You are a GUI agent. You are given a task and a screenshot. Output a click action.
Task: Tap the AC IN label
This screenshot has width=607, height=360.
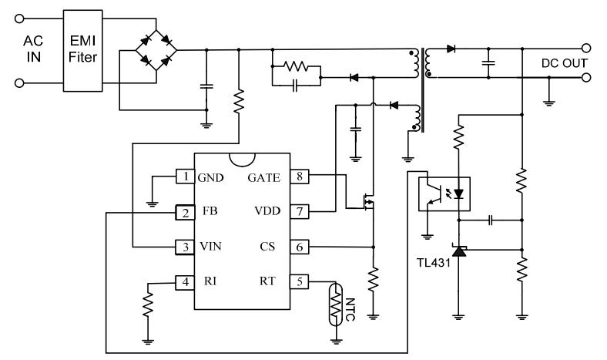(x=33, y=51)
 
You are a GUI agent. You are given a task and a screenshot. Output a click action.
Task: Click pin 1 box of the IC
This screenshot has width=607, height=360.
(x=185, y=177)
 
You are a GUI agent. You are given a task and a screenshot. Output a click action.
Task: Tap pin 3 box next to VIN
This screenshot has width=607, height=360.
(x=185, y=247)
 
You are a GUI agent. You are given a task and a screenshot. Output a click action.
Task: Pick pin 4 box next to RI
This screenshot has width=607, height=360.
(x=185, y=281)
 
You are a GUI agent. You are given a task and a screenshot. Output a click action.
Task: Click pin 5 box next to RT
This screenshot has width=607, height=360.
(x=299, y=281)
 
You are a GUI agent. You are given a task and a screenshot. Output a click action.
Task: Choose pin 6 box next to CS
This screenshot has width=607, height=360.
(x=299, y=247)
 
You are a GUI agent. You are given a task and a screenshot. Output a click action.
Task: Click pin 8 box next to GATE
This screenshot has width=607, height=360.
(x=299, y=177)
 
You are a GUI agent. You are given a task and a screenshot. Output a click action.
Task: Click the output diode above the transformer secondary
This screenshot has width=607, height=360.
(x=451, y=49)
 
